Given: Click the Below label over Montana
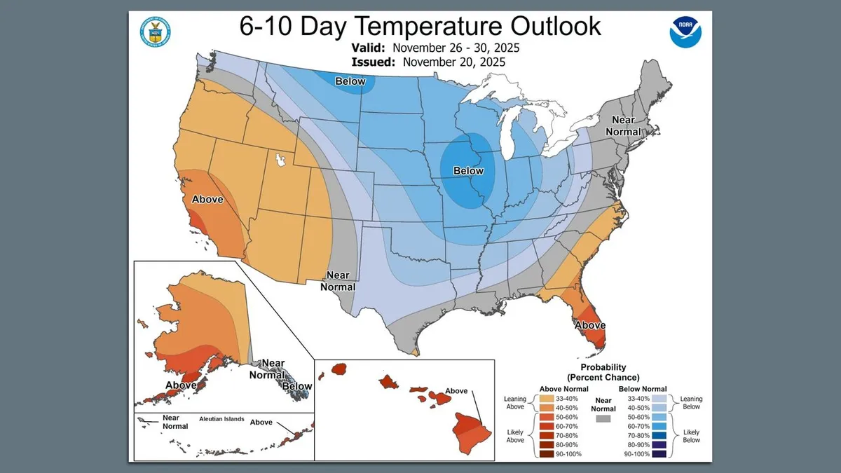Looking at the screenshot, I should click(x=350, y=81).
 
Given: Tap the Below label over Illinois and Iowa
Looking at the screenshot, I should click(x=468, y=170).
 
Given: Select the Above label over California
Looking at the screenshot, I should click(x=207, y=199).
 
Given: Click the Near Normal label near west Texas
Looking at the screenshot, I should click(x=338, y=282).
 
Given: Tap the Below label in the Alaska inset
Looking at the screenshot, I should click(x=297, y=386).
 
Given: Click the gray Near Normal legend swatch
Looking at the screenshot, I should click(x=602, y=418).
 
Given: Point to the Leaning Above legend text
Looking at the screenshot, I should click(x=514, y=403).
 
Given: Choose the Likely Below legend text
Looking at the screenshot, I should click(x=691, y=436).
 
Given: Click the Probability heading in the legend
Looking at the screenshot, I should click(x=603, y=367).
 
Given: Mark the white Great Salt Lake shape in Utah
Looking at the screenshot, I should click(x=283, y=160).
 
